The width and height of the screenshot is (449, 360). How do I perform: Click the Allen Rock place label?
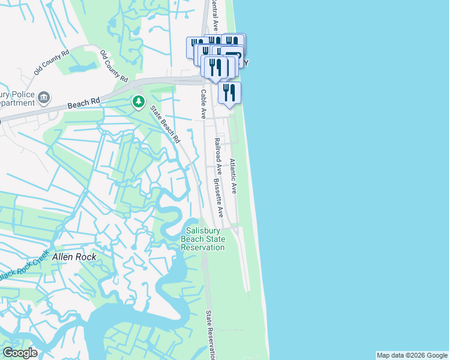pyautogui.click(x=74, y=256)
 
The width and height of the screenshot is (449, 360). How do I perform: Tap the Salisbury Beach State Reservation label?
pyautogui.click(x=203, y=239)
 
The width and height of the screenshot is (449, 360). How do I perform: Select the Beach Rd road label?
pyautogui.click(x=83, y=104)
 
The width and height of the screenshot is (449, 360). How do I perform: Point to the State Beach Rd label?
pyautogui.click(x=165, y=124)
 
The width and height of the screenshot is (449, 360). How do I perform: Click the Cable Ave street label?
pyautogui.click(x=203, y=104)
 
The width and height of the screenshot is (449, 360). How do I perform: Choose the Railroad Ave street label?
pyautogui.click(x=218, y=157)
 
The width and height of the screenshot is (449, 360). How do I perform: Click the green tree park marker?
pyautogui.click(x=139, y=102)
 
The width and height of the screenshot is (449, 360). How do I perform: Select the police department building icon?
pyautogui.click(x=43, y=97)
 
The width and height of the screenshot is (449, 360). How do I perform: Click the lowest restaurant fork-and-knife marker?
pyautogui.click(x=229, y=93)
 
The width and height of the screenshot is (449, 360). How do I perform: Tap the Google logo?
pyautogui.click(x=20, y=353)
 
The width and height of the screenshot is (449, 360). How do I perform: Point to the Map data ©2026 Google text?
pyautogui.click(x=411, y=355)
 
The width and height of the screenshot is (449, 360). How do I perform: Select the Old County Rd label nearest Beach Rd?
pyautogui.click(x=114, y=66)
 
